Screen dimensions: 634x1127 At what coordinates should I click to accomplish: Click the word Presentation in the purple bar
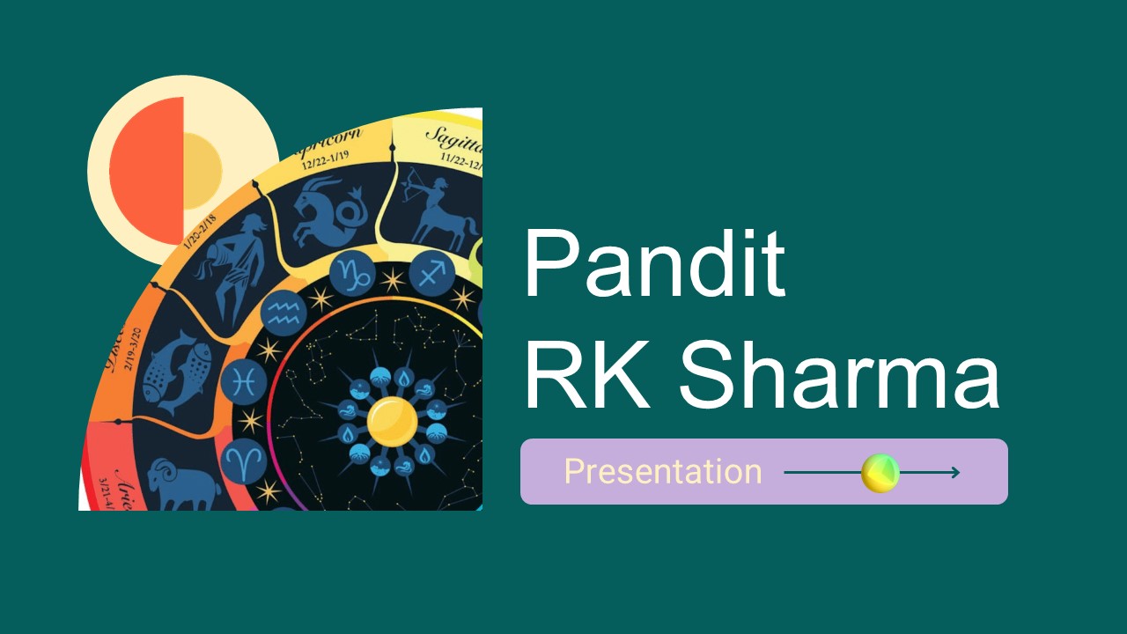pyautogui.click(x=662, y=472)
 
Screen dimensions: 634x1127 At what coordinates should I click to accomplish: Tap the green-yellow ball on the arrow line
pyautogui.click(x=880, y=473)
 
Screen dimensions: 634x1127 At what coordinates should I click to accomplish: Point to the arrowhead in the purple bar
pyautogui.click(x=954, y=473)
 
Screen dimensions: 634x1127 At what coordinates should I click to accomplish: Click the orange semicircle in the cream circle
pyautogui.click(x=146, y=171)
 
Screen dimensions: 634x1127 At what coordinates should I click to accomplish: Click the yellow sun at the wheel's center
pyautogui.click(x=392, y=421)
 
